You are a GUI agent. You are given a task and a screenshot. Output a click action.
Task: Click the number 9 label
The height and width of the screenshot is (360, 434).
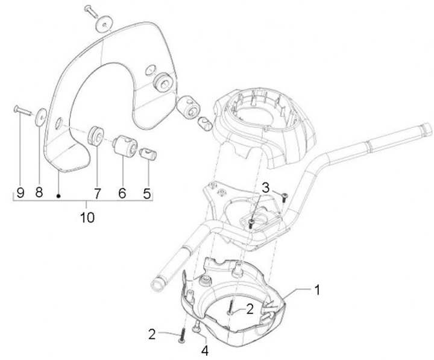tap(20, 193)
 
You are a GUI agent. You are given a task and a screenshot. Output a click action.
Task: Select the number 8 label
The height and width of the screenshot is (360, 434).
tap(39, 193)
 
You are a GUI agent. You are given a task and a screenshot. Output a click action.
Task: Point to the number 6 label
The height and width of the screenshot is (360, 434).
tap(122, 193)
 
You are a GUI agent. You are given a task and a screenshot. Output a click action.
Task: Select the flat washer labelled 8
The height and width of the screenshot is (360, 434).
tap(41, 115)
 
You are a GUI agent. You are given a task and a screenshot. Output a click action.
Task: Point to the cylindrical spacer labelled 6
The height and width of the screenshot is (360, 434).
tap(124, 146)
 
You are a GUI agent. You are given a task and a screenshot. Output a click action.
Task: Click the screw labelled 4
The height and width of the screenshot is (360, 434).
tap(197, 326)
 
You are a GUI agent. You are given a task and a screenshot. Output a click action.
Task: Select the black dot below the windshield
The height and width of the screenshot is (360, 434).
tap(58, 195)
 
